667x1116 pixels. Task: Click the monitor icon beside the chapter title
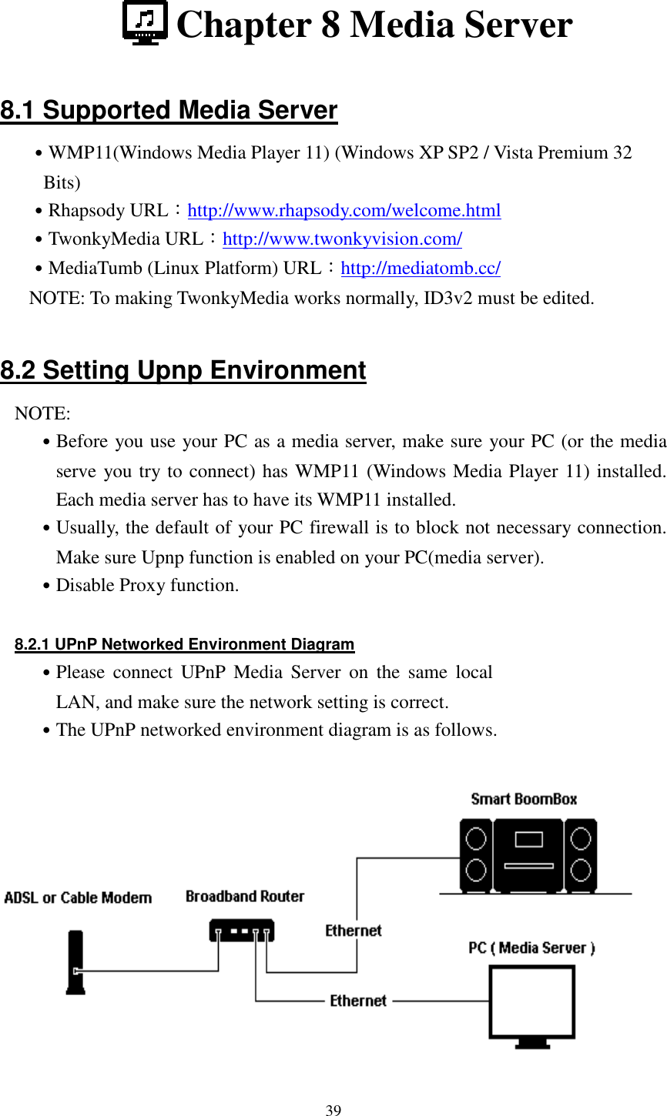[145, 23]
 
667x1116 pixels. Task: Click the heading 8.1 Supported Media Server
[169, 111]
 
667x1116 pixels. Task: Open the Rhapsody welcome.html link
[344, 211]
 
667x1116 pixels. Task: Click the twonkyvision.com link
[342, 239]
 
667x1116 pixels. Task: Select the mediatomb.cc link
[421, 269]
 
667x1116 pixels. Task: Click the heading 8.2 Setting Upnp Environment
[183, 371]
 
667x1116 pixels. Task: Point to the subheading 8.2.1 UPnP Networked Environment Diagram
[185, 645]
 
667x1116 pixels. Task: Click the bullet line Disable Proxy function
[147, 586]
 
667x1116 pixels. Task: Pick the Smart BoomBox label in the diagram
[524, 799]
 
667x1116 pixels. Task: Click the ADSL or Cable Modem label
[78, 897]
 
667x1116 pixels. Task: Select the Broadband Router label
[245, 897]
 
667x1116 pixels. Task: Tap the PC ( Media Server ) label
[531, 948]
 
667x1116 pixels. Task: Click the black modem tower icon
[75, 962]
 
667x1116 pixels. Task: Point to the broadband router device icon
[241, 931]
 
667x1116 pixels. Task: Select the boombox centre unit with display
[528, 854]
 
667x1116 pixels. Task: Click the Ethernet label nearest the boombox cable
[354, 931]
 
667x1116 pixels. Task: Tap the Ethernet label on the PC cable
[358, 1001]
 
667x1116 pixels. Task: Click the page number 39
[333, 1110]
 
